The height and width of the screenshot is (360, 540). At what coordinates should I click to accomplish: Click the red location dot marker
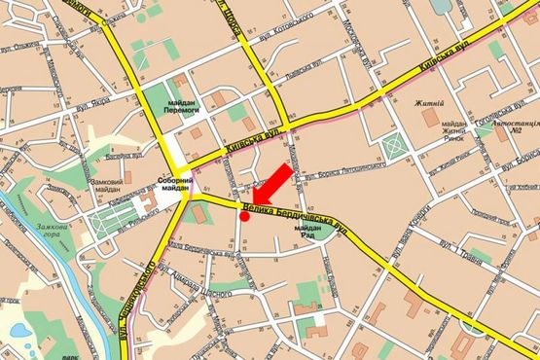[243, 217]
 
